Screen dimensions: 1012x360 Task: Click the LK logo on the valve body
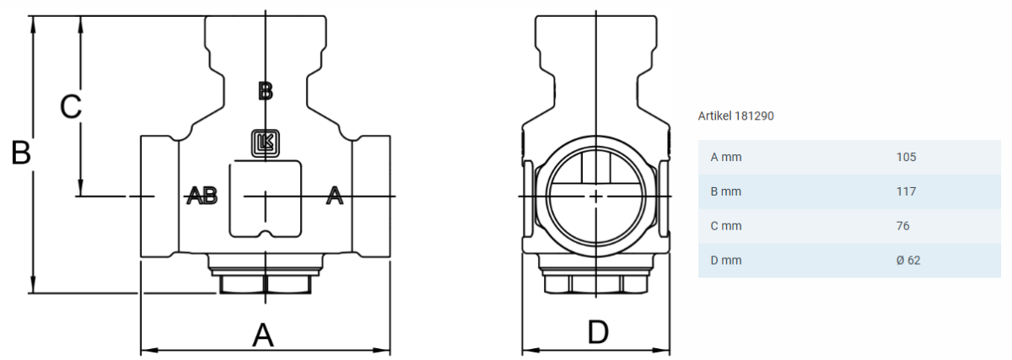click(265, 143)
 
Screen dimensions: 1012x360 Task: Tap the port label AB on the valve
click(202, 196)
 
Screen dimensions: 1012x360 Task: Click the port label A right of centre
click(334, 196)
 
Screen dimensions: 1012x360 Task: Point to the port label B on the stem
click(266, 91)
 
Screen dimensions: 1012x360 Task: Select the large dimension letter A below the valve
click(263, 336)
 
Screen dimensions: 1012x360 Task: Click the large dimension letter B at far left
click(21, 153)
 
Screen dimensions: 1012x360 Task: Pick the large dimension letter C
click(71, 107)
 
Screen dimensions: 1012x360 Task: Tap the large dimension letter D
click(598, 332)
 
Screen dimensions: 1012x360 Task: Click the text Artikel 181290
click(735, 116)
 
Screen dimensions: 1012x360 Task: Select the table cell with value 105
click(907, 157)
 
